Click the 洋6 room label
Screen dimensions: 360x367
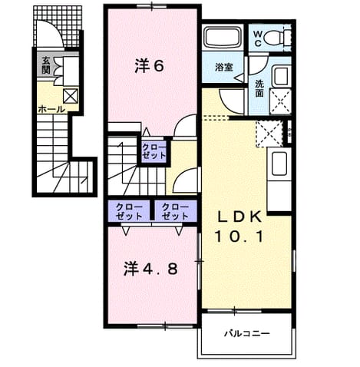[x=149, y=66]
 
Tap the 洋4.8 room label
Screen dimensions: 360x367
[x=150, y=269]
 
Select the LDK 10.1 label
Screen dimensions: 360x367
[x=239, y=227]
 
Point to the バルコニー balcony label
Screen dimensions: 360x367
[x=247, y=333]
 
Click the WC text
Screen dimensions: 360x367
[x=258, y=38]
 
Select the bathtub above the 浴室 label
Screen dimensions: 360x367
[x=223, y=38]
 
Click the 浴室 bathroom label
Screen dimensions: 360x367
[x=224, y=68]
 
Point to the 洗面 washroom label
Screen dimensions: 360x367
[x=259, y=89]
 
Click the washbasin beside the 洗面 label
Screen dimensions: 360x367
[x=281, y=75]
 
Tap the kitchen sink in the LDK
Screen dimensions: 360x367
[x=279, y=164]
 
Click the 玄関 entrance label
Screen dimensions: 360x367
[x=47, y=65]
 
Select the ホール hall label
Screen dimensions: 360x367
[x=51, y=110]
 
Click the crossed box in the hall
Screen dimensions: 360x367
[x=71, y=96]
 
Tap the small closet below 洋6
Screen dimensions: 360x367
[x=154, y=151]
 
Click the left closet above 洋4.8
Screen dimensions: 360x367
[x=129, y=211]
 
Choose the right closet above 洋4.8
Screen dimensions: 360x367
[x=175, y=211]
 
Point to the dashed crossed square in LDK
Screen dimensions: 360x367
[x=269, y=134]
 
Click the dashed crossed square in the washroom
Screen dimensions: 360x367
[x=281, y=101]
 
